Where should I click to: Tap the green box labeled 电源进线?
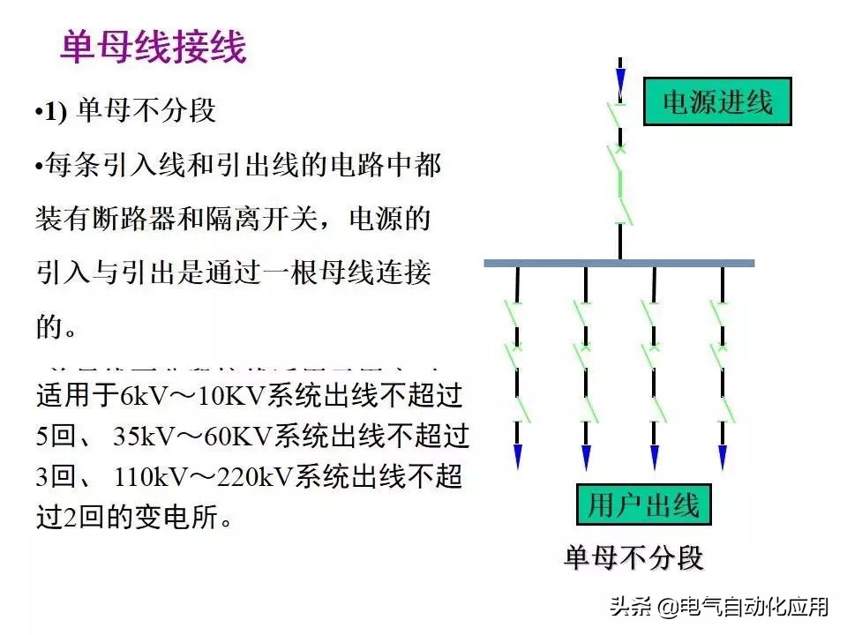[716, 102]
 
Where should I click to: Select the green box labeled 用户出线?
[644, 505]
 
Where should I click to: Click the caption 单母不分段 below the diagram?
[633, 558]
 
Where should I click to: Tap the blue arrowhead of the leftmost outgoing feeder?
[518, 456]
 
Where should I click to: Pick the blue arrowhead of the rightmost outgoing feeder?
[723, 456]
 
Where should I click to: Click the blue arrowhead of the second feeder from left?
[586, 456]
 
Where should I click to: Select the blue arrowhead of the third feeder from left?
[655, 456]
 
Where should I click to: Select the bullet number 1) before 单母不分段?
[56, 113]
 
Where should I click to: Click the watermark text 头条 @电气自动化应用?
[719, 607]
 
